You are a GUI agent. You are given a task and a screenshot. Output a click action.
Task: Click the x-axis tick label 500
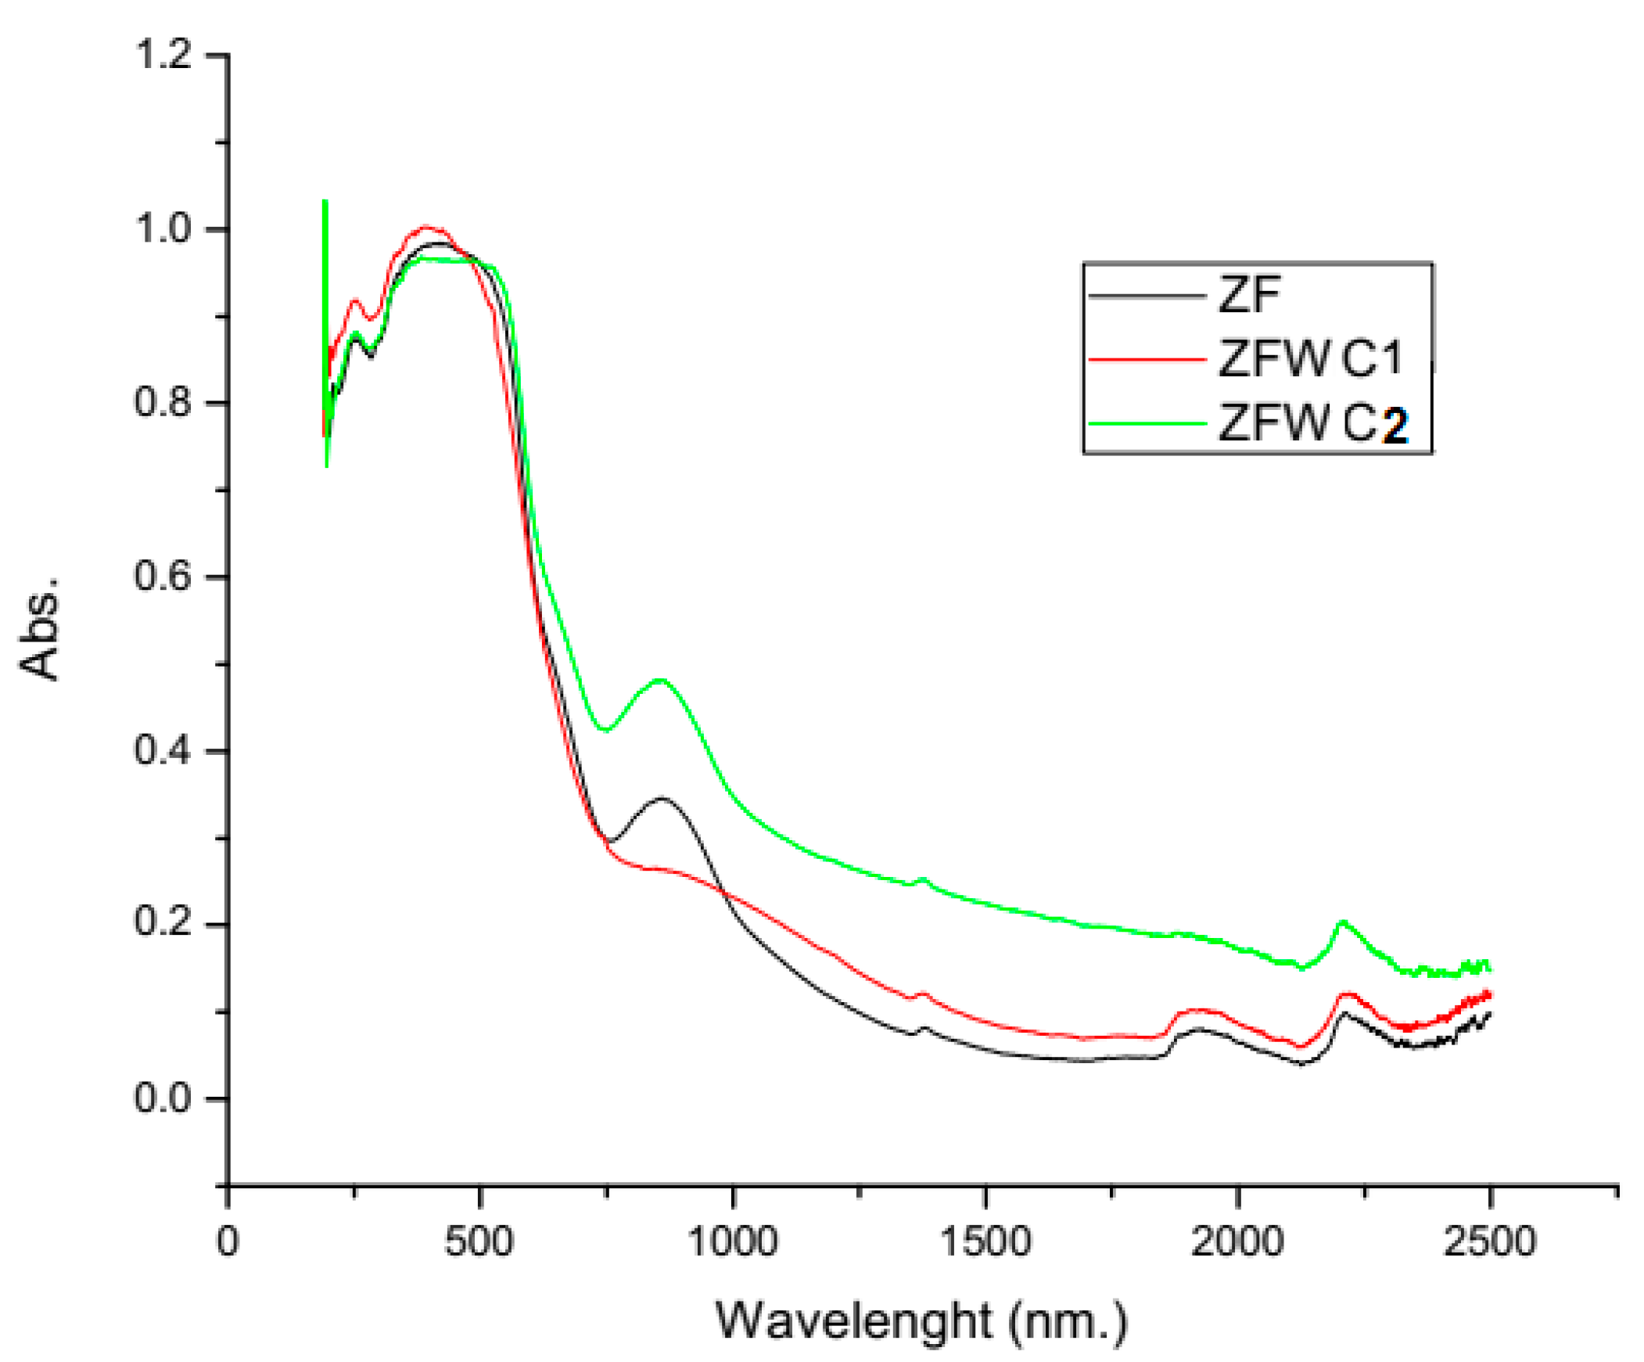pos(479,1242)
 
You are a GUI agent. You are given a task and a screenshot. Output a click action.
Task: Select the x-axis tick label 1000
pos(733,1242)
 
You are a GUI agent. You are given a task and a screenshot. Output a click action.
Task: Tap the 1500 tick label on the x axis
pos(985,1242)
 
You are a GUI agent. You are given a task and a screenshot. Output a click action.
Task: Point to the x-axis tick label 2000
pos(1238,1242)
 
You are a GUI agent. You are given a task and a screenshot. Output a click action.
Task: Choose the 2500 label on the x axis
pos(1491,1242)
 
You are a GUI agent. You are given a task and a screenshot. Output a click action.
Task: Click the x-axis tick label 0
pos(227,1242)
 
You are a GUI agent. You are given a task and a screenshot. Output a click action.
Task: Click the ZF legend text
pos(1250,296)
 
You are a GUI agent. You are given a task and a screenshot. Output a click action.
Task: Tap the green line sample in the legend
pos(1147,424)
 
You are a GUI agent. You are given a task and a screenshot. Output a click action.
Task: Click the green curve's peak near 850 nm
pos(662,679)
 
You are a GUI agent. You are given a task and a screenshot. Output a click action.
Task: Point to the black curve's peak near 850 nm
pos(662,798)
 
